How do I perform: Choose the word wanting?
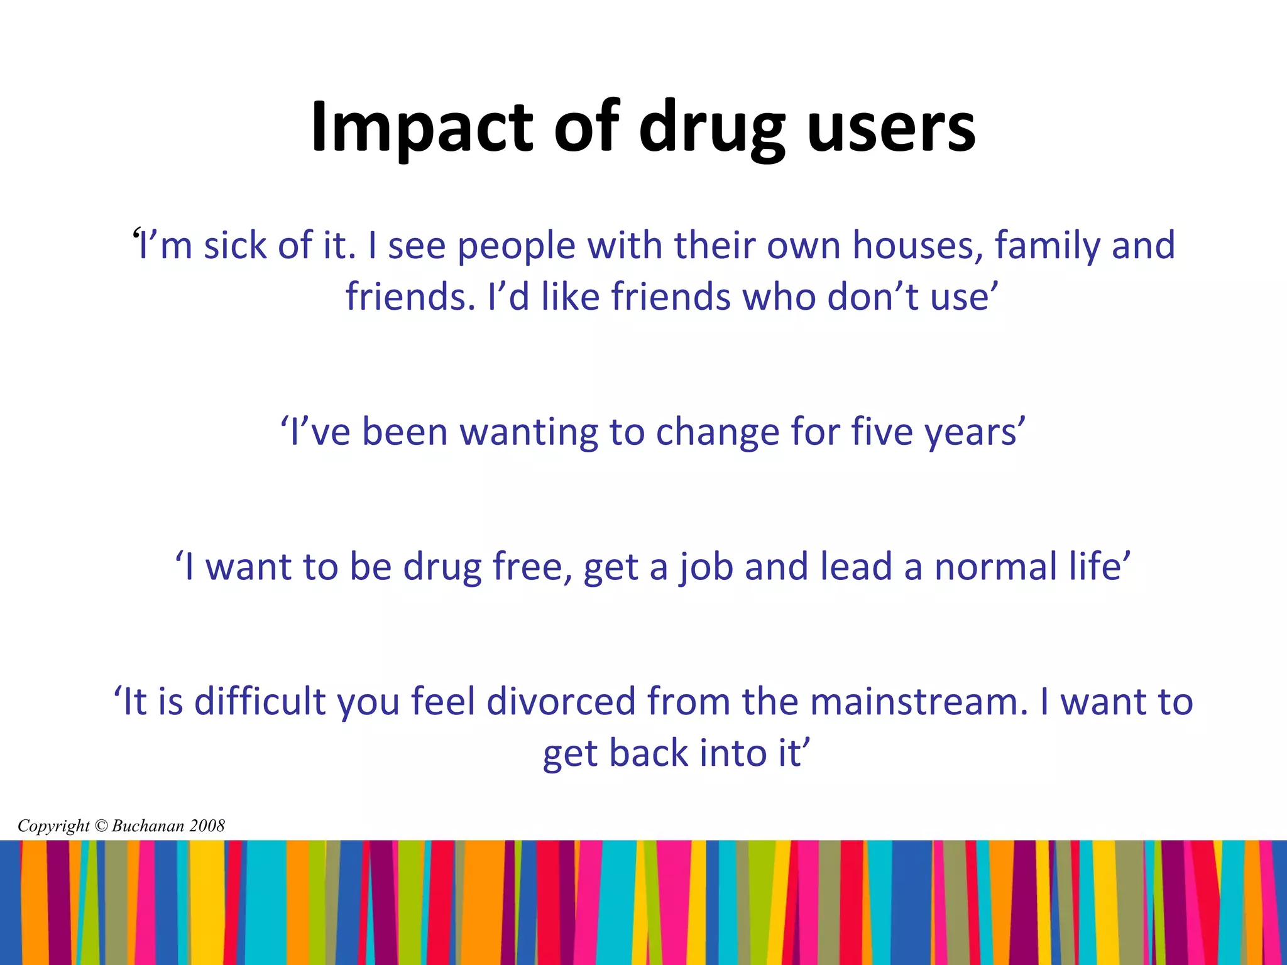[x=529, y=433]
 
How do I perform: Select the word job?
[x=706, y=567]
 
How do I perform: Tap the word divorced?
[x=561, y=701]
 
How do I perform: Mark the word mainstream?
[x=918, y=701]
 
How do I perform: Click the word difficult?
[x=260, y=701]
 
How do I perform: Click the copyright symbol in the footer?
[x=101, y=826]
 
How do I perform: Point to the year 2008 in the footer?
[x=207, y=826]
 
